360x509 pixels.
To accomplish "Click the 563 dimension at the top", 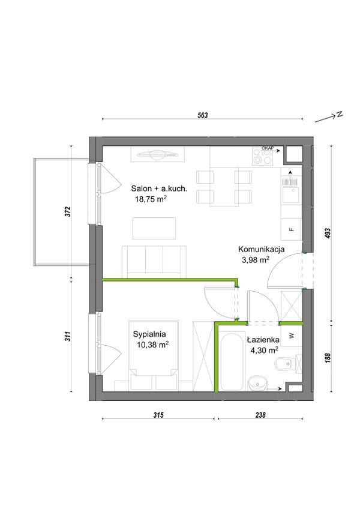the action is (x=203, y=115).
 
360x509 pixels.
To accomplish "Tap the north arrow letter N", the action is (x=340, y=114).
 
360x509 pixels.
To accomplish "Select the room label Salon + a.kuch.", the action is (x=159, y=188).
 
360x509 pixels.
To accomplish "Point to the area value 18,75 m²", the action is (x=151, y=199).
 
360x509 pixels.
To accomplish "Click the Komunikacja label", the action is (x=262, y=249).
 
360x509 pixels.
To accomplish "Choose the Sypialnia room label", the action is (x=149, y=334).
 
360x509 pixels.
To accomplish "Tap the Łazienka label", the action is (x=263, y=340).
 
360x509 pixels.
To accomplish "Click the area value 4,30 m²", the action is (x=264, y=350).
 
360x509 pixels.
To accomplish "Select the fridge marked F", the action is (x=292, y=229).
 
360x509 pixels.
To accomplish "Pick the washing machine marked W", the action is (x=292, y=336).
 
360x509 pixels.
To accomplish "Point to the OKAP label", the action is (x=268, y=148).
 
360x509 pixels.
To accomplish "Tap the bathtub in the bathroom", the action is (x=232, y=360).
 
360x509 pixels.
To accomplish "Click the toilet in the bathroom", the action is (x=288, y=366).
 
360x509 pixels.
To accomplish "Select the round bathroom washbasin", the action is (x=257, y=384).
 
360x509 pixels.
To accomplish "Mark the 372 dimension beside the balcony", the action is (x=68, y=212).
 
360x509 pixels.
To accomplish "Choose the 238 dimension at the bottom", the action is (x=260, y=415).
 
